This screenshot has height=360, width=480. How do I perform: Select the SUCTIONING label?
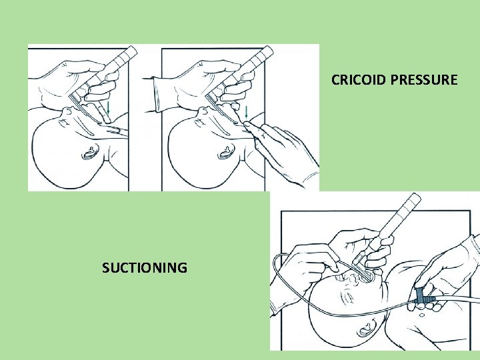(145, 268)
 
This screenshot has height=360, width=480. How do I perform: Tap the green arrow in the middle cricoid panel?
(246, 111)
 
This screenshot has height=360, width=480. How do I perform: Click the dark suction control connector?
(421, 297)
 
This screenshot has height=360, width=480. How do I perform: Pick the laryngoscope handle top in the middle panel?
(266, 54)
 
